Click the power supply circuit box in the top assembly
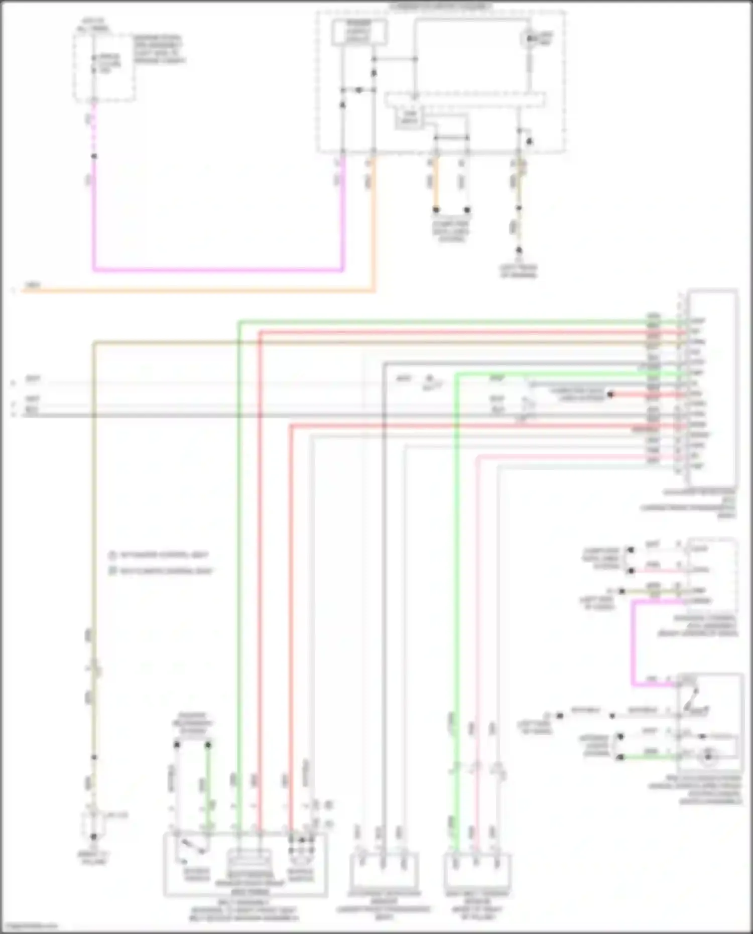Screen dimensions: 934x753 pyautogui.click(x=359, y=32)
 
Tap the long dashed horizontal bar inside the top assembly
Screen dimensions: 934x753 pyautogui.click(x=464, y=99)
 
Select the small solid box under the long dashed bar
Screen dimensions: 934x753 pyautogui.click(x=409, y=118)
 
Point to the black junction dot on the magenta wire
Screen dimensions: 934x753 pyautogui.click(x=94, y=157)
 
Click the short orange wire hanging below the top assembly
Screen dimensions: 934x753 pyautogui.click(x=436, y=183)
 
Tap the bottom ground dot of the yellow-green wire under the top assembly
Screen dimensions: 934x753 pyautogui.click(x=519, y=250)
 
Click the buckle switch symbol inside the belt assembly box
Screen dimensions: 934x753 pyautogui.click(x=193, y=849)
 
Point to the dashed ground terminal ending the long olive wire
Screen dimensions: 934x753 pyautogui.click(x=94, y=824)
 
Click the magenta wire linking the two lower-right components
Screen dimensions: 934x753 pyautogui.click(x=634, y=642)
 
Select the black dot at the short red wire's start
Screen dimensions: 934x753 pyautogui.click(x=610, y=394)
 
